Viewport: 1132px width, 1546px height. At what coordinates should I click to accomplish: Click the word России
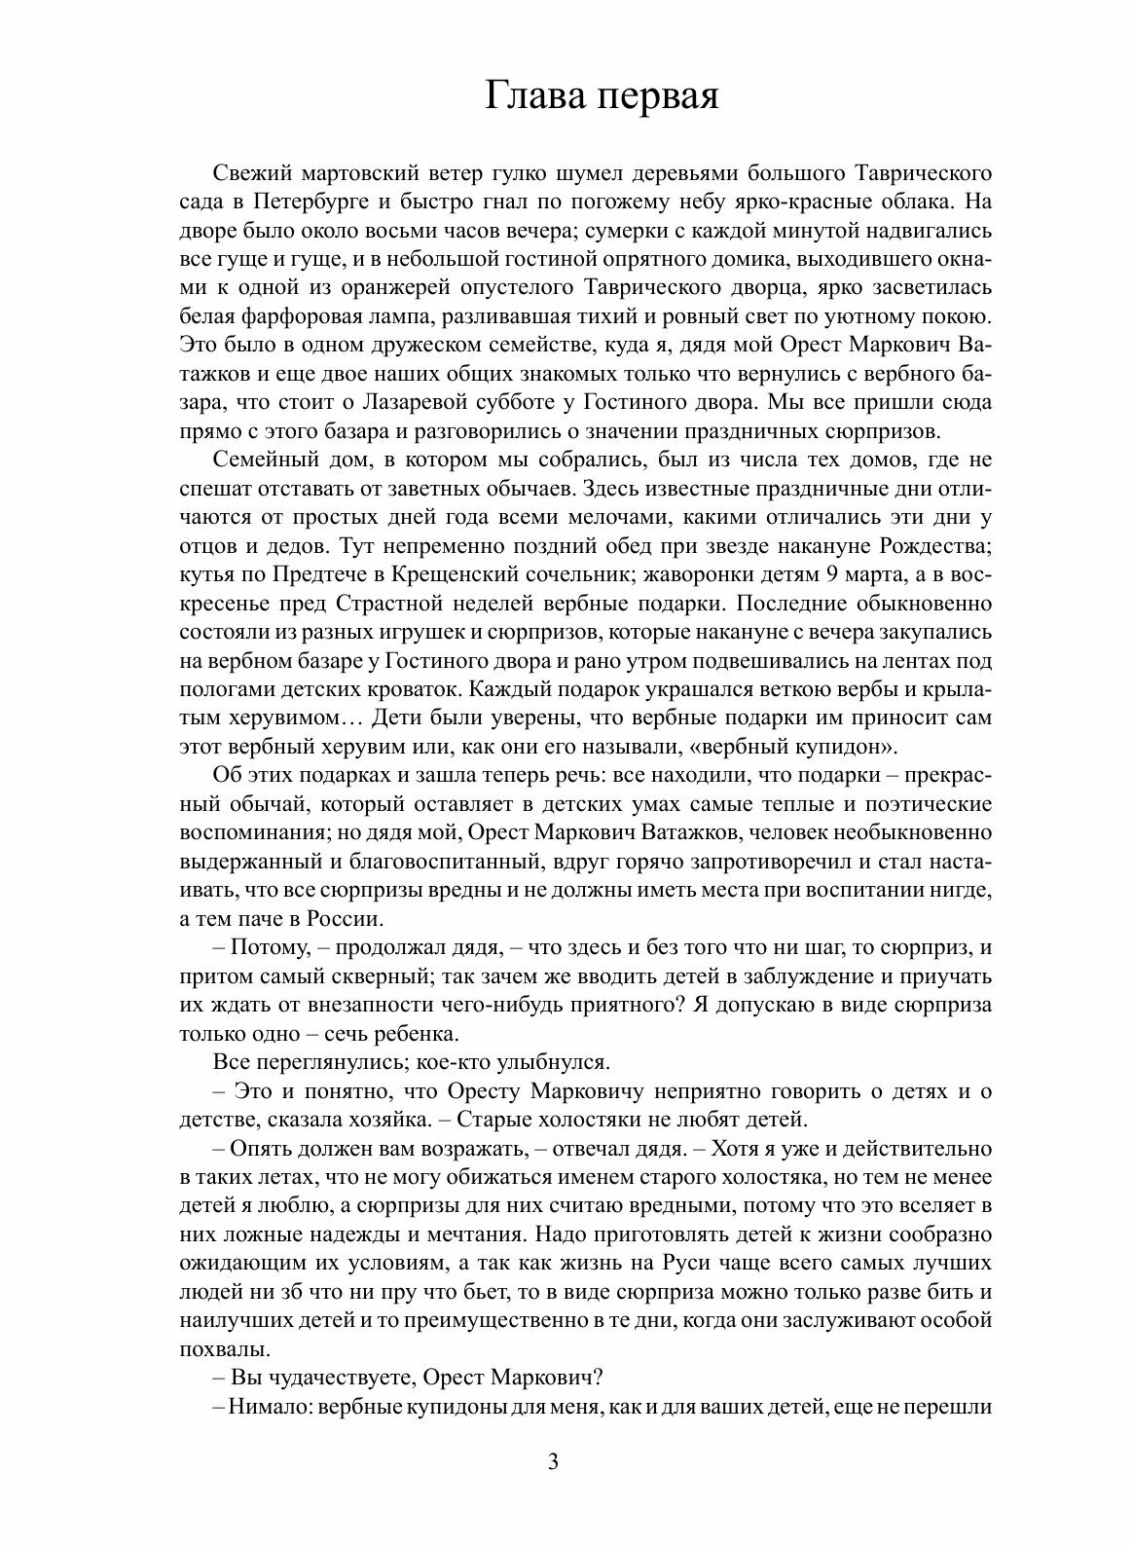point(345,918)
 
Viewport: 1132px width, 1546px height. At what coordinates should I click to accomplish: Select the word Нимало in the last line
point(256,1408)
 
